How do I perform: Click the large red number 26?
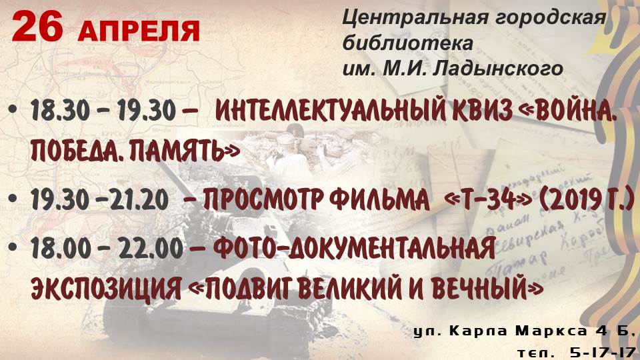(37, 27)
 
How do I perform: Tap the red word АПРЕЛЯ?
(139, 30)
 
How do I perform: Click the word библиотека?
(408, 43)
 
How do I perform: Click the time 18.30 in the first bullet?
(59, 110)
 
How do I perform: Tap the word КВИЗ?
(479, 110)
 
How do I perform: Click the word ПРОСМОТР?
(263, 199)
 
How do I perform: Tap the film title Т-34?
(487, 199)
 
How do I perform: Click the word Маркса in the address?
(551, 331)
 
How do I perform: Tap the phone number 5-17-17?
(601, 352)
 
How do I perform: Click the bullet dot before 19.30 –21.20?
(13, 199)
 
